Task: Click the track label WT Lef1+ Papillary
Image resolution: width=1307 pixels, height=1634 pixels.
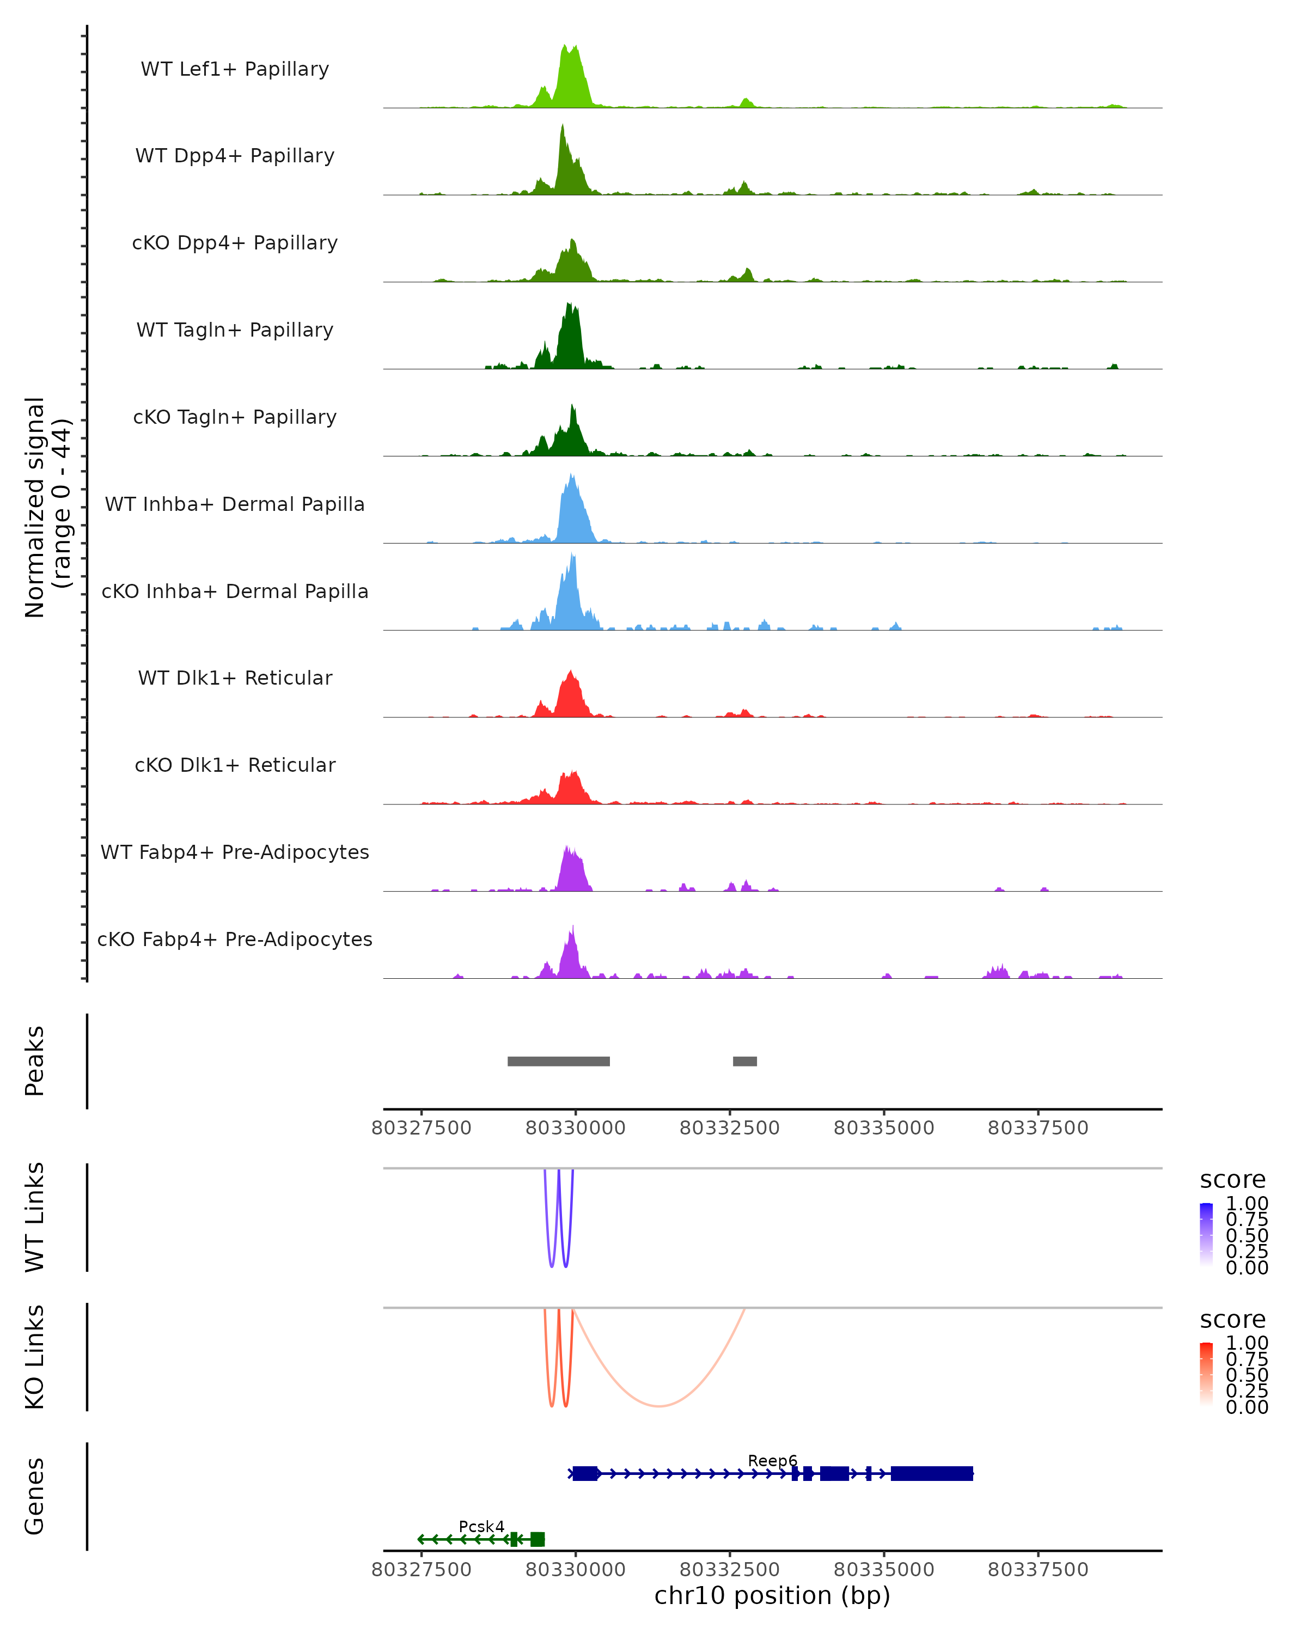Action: point(235,69)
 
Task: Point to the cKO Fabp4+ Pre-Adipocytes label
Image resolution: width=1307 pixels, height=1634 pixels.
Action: point(235,939)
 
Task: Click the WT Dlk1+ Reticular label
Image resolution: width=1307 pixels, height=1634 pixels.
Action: point(235,678)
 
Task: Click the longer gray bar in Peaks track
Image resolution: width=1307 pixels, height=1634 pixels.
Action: point(558,1061)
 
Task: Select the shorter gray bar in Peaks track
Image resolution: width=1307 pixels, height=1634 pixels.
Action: point(745,1061)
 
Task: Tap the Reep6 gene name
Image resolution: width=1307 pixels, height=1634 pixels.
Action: point(772,1460)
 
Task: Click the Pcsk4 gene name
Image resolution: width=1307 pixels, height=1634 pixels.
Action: point(481,1526)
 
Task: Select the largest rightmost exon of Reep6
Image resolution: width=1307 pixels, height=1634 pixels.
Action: point(931,1473)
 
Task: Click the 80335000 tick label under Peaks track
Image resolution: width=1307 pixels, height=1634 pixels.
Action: point(883,1128)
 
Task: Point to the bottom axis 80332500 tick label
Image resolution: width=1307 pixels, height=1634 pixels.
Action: point(730,1570)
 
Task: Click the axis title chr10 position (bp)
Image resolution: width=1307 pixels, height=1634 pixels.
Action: point(772,1596)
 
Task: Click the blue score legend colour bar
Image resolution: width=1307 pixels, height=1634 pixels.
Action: point(1206,1235)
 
